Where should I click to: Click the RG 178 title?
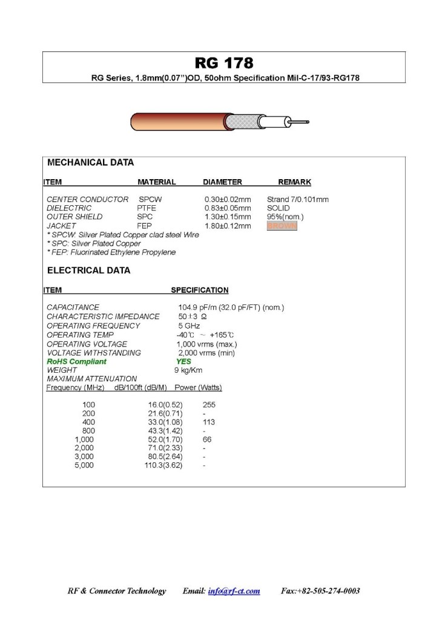223,63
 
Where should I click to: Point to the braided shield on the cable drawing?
242,122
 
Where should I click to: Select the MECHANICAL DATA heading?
90,163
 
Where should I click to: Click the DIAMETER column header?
222,182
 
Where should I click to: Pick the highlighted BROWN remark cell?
282,226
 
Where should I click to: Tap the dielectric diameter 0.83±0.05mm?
228,208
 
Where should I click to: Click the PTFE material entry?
147,208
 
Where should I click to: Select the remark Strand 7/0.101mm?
297,199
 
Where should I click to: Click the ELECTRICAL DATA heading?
88,271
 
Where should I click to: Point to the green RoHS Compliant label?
76,361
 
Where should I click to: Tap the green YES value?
183,361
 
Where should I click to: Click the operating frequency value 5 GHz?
189,326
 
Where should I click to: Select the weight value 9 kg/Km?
188,370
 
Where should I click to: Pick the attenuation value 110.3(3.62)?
163,465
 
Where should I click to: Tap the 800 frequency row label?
88,430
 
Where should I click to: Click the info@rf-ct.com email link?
234,591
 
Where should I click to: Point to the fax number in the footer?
320,591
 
